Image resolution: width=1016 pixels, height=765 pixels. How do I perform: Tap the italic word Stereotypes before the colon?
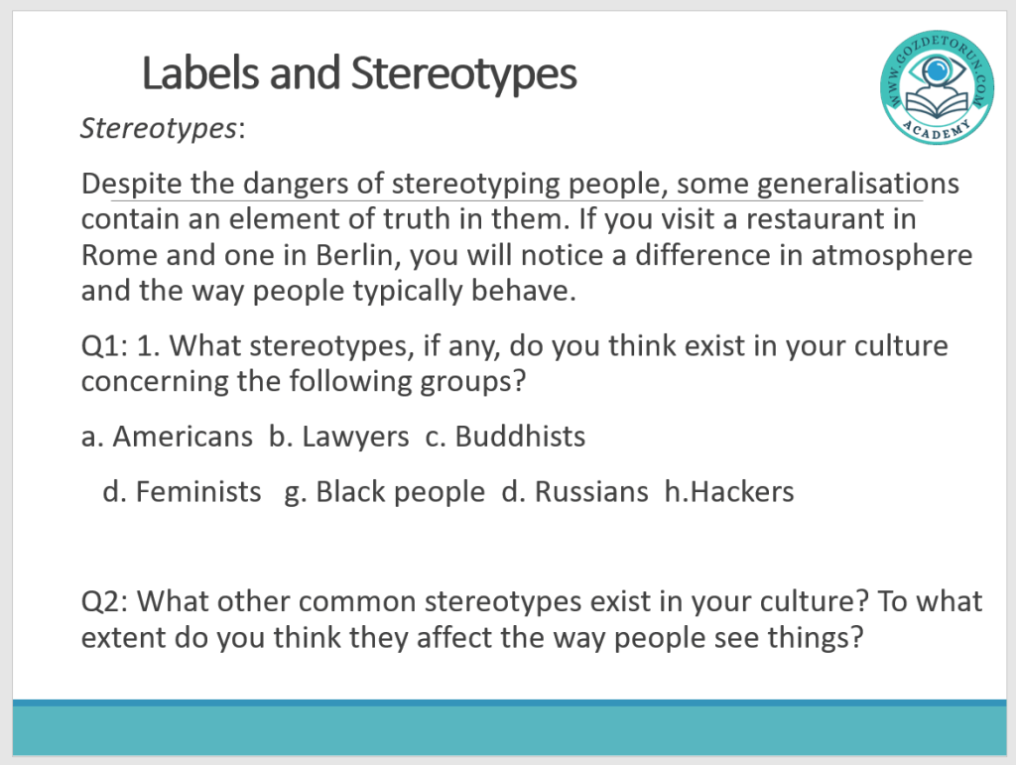pyautogui.click(x=159, y=128)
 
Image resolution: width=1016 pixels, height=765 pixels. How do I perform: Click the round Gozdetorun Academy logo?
pyautogui.click(x=937, y=86)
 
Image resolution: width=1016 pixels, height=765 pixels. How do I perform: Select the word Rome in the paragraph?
pyautogui.click(x=119, y=255)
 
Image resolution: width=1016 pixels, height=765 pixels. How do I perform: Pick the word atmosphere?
pyautogui.click(x=892, y=255)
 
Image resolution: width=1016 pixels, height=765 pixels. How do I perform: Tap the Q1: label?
pyautogui.click(x=104, y=346)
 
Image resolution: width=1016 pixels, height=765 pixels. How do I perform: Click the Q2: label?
pyautogui.click(x=104, y=601)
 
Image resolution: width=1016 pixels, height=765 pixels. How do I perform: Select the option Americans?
pyautogui.click(x=183, y=437)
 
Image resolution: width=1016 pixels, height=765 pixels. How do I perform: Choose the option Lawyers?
pyautogui.click(x=355, y=438)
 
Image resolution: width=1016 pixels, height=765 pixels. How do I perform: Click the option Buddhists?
pyautogui.click(x=520, y=436)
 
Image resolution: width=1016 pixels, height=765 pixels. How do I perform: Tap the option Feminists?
pyautogui.click(x=198, y=492)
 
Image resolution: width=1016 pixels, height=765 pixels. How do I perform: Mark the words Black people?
pyautogui.click(x=401, y=492)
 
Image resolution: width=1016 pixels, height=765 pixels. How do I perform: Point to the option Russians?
pyautogui.click(x=591, y=492)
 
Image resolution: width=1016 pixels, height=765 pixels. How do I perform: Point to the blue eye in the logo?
pyautogui.click(x=937, y=70)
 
